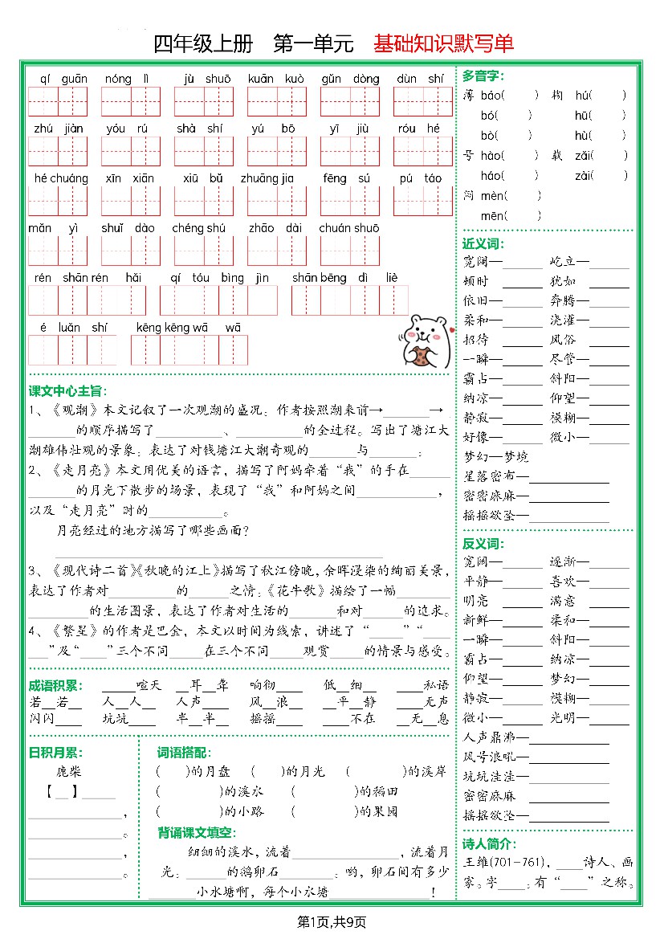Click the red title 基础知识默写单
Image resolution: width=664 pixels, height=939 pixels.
443,43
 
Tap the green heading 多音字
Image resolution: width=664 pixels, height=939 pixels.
483,76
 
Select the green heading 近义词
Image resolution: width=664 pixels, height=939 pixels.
483,243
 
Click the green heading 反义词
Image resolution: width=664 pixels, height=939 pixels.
483,544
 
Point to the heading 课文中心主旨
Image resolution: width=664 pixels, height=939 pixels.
67,391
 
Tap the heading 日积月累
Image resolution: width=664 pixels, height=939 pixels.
55,753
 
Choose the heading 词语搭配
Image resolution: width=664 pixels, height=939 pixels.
184,753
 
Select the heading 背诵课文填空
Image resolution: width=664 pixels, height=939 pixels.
195,832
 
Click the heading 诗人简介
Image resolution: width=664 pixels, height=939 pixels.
489,844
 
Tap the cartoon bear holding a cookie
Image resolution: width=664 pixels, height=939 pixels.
422,339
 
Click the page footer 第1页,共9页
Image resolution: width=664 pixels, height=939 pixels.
332,921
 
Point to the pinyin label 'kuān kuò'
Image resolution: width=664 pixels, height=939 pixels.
276,79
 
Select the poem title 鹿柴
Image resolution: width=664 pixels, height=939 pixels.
70,772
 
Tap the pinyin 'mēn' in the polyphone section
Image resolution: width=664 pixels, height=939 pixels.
493,215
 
